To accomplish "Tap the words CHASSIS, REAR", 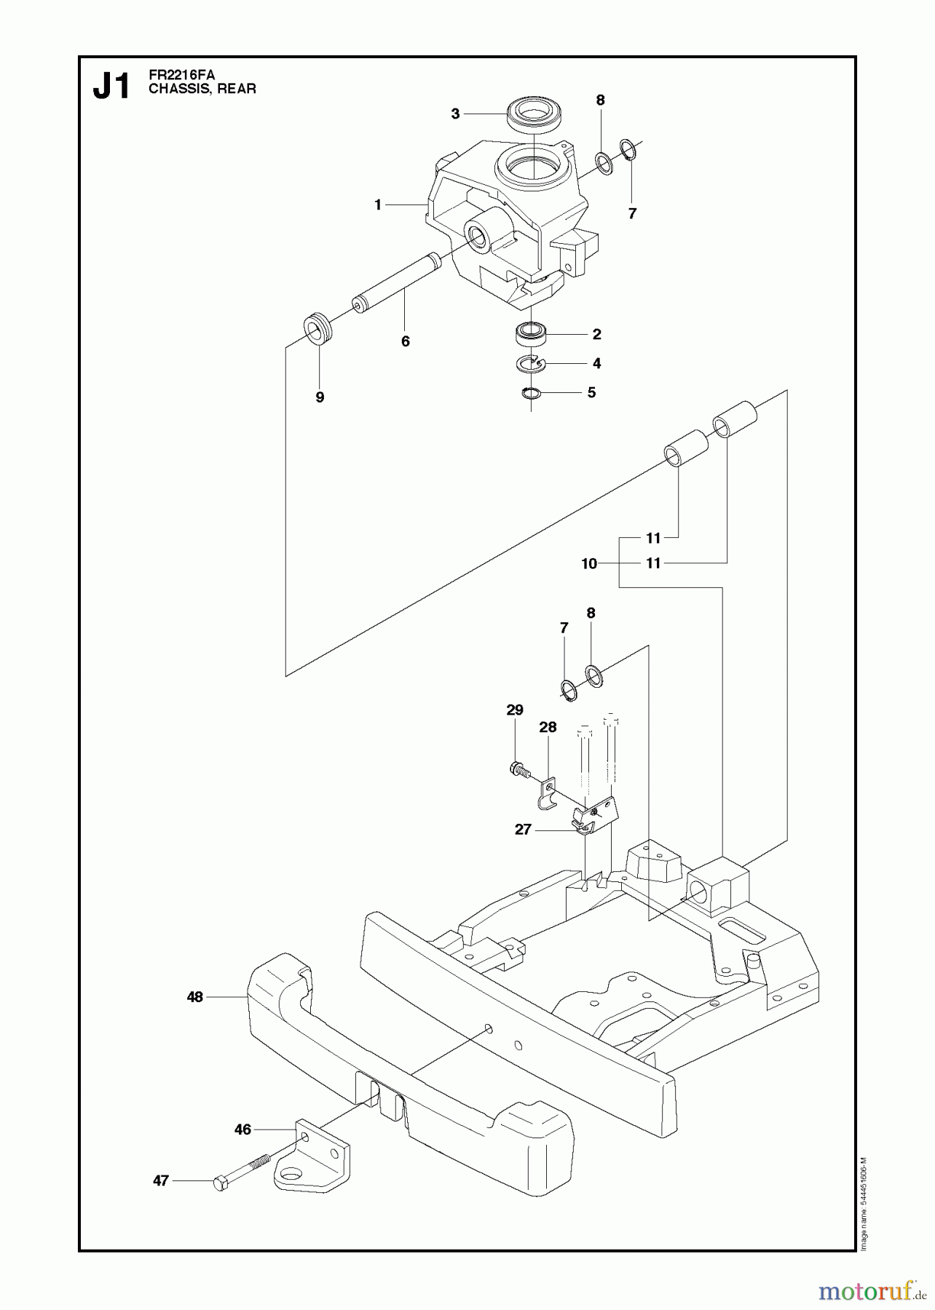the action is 202,90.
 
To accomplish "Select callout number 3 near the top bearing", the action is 455,114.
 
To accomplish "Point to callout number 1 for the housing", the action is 378,206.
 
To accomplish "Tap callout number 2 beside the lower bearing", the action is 596,334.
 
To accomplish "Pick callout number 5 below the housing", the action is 591,392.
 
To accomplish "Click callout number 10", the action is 589,563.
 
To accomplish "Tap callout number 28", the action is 548,727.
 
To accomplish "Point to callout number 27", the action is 523,829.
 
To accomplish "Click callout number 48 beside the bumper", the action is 194,997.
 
